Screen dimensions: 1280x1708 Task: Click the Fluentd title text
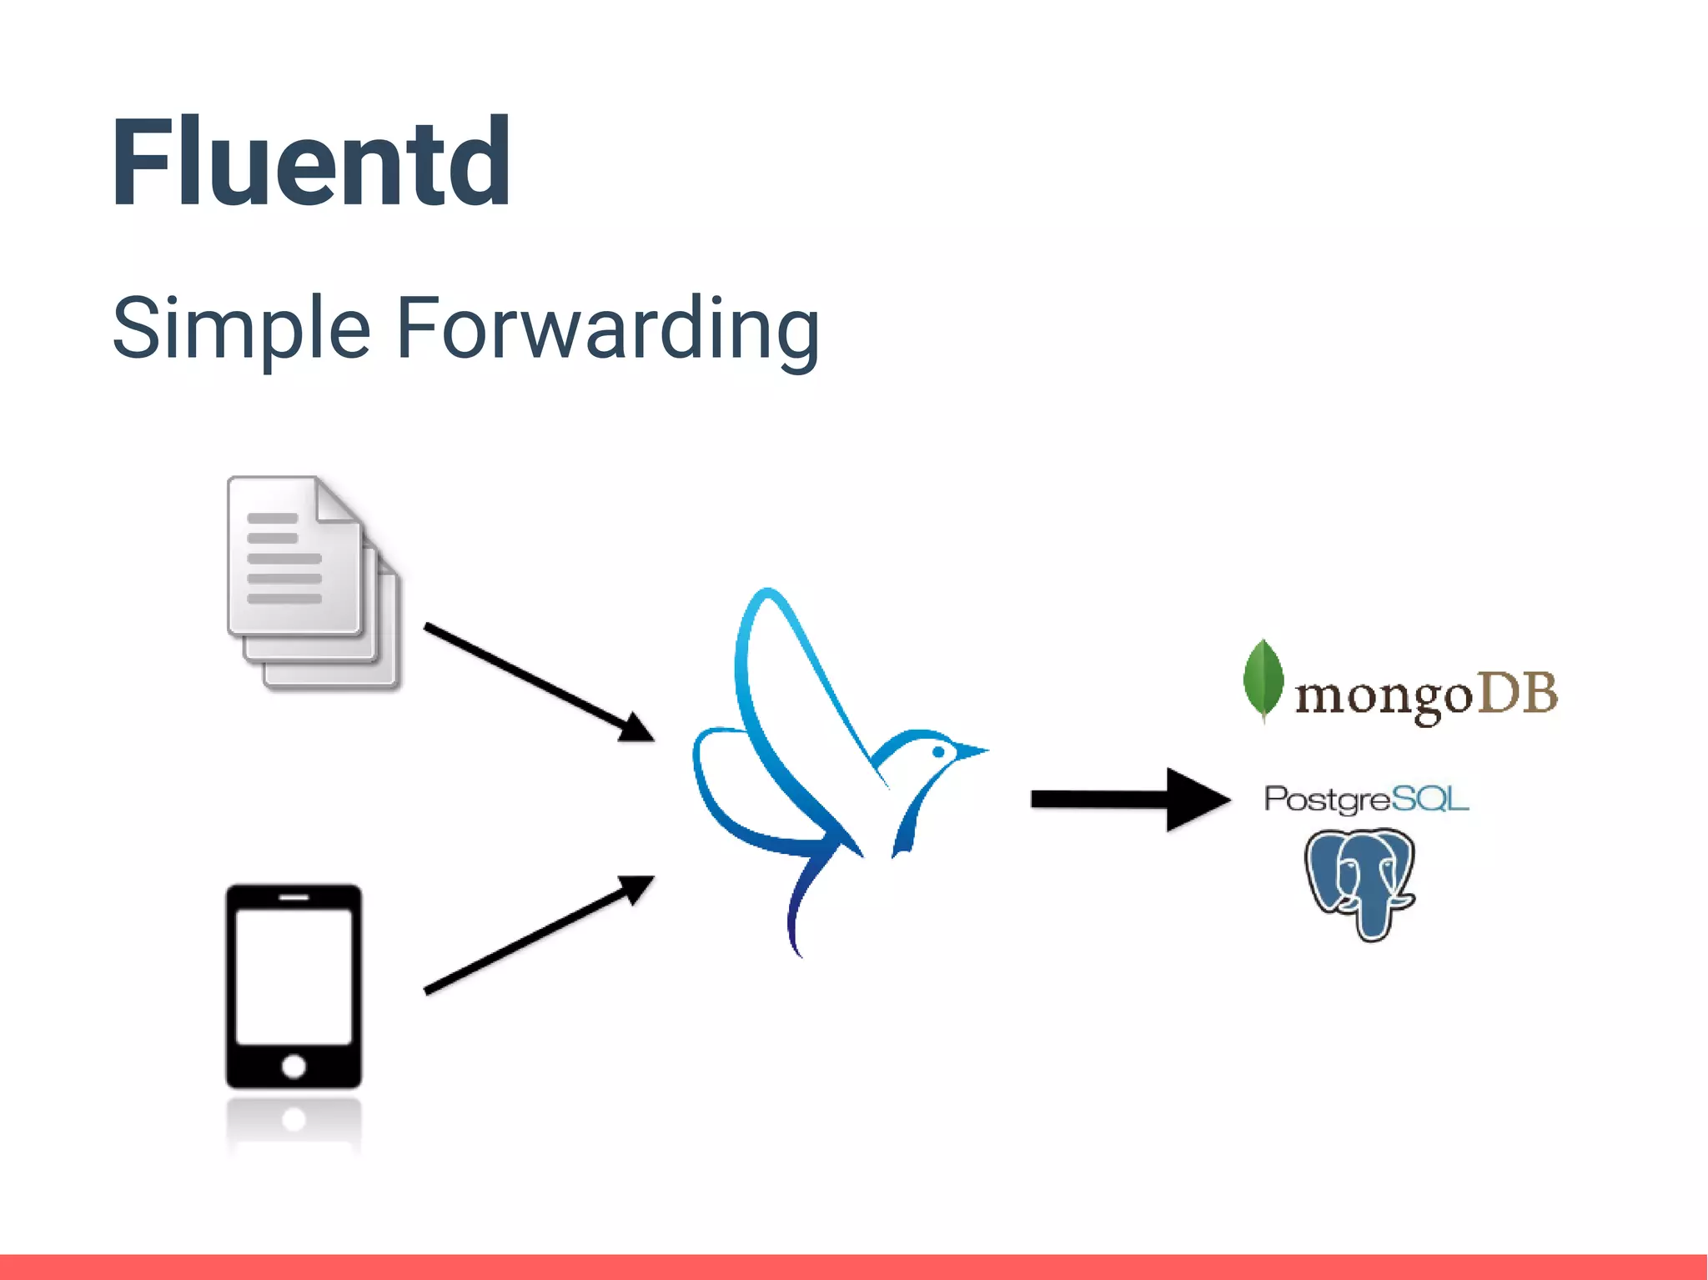tap(310, 163)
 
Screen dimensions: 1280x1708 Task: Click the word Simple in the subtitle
tap(241, 329)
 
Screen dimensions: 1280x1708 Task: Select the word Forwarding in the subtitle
tap(608, 329)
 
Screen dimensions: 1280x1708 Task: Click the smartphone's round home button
tap(294, 1066)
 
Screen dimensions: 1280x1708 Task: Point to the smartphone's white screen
tap(294, 976)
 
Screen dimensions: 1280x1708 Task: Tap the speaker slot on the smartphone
tap(294, 897)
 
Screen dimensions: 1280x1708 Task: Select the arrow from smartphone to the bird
tap(538, 935)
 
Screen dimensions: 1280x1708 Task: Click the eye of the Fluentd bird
tap(938, 752)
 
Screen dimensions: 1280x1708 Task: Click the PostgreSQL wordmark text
tap(1366, 799)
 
